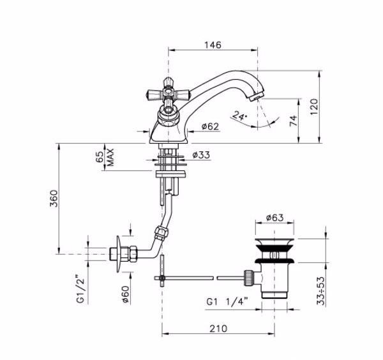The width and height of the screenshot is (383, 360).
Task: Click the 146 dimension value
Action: click(x=213, y=45)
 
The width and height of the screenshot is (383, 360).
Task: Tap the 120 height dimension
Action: click(x=314, y=107)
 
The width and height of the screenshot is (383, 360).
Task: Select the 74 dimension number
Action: click(x=294, y=121)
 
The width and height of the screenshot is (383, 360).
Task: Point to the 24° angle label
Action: click(x=240, y=116)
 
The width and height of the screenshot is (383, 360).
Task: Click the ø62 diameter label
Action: click(x=210, y=126)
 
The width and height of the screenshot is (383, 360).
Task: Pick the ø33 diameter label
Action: click(x=201, y=155)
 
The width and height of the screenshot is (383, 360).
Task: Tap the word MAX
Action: click(x=110, y=158)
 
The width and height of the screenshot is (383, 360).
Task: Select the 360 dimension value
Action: click(x=54, y=199)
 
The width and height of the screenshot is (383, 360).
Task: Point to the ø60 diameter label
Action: click(x=126, y=294)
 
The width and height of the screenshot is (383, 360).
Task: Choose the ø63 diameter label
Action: click(x=274, y=218)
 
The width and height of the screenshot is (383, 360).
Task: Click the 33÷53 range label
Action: click(x=322, y=290)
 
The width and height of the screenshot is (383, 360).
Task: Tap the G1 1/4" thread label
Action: click(x=227, y=302)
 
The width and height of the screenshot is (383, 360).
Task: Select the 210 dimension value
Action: click(x=218, y=329)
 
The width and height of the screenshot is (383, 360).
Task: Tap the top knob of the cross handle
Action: click(x=167, y=82)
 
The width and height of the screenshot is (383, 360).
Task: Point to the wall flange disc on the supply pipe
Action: click(x=119, y=254)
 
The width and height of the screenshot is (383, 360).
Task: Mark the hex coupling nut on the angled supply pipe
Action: click(x=161, y=233)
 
